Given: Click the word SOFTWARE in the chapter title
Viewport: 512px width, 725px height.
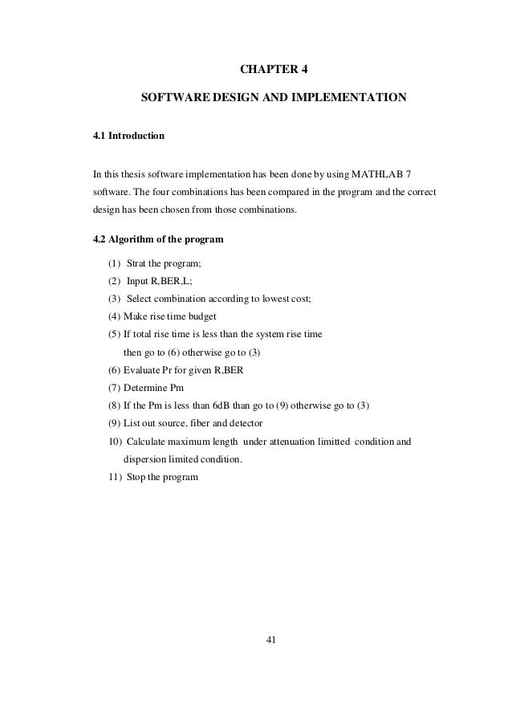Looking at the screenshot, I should coord(171,99).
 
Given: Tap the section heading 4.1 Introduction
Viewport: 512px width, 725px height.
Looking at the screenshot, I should coord(129,136).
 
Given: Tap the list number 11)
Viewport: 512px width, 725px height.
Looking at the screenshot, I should coord(114,477).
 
